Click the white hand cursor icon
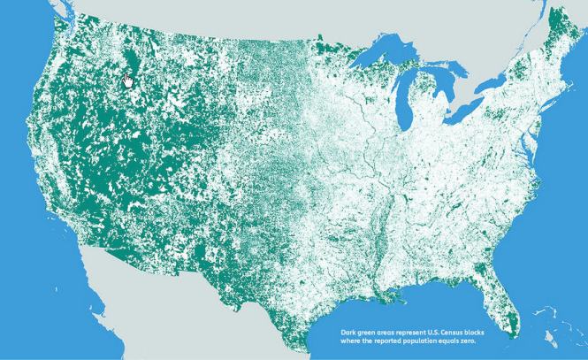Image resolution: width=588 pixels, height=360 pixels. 128,80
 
